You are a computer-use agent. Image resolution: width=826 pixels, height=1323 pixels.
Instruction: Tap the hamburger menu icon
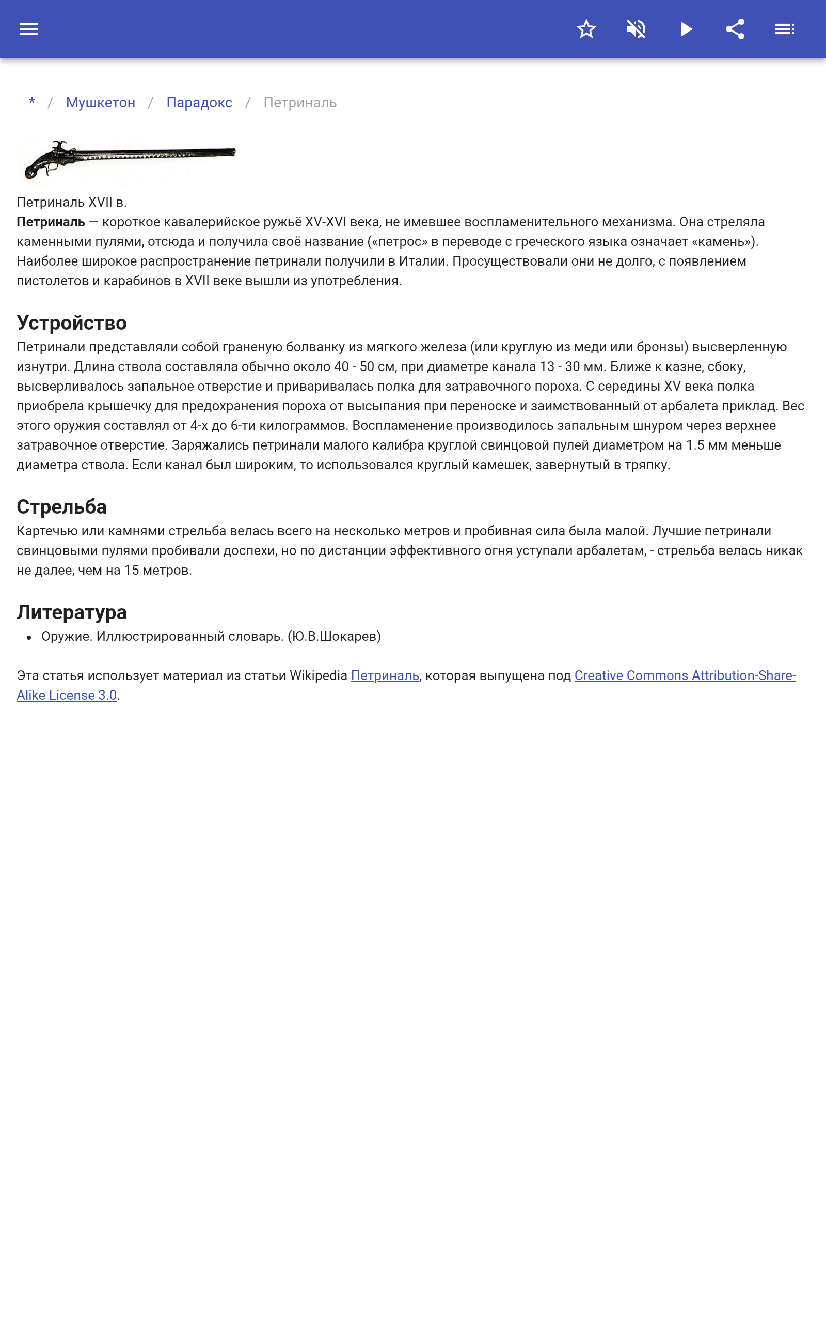click(x=29, y=29)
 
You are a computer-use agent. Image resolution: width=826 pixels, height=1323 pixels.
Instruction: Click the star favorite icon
click(x=586, y=29)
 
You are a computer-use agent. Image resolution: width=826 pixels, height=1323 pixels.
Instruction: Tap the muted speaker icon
click(x=636, y=29)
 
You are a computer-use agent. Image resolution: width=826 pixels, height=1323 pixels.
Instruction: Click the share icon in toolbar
click(x=735, y=29)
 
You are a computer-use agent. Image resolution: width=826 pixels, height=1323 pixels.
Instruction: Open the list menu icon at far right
click(x=785, y=29)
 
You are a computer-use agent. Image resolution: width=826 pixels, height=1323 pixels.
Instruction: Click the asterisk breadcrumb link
click(x=32, y=103)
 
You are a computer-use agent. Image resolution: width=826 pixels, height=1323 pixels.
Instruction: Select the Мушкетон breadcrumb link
click(x=101, y=103)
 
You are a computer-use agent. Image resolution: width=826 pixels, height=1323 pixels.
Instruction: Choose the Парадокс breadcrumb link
click(x=199, y=103)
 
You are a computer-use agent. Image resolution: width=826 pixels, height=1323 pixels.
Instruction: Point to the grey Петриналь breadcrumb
click(x=300, y=103)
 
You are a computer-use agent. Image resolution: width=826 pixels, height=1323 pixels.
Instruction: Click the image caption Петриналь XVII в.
click(x=72, y=202)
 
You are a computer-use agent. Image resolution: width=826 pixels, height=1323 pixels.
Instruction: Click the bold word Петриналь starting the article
click(x=51, y=222)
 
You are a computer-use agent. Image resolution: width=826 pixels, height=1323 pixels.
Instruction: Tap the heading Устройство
click(x=72, y=322)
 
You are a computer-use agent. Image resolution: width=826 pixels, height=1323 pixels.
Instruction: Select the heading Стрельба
click(x=62, y=507)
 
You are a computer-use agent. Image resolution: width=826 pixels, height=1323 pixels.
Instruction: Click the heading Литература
click(x=72, y=612)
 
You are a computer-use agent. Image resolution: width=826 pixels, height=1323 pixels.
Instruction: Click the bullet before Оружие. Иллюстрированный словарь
click(x=29, y=637)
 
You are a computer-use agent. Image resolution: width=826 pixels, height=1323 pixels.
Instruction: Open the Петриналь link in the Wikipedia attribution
click(x=385, y=676)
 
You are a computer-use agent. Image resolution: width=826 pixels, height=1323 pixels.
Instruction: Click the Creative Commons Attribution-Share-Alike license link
click(x=685, y=676)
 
